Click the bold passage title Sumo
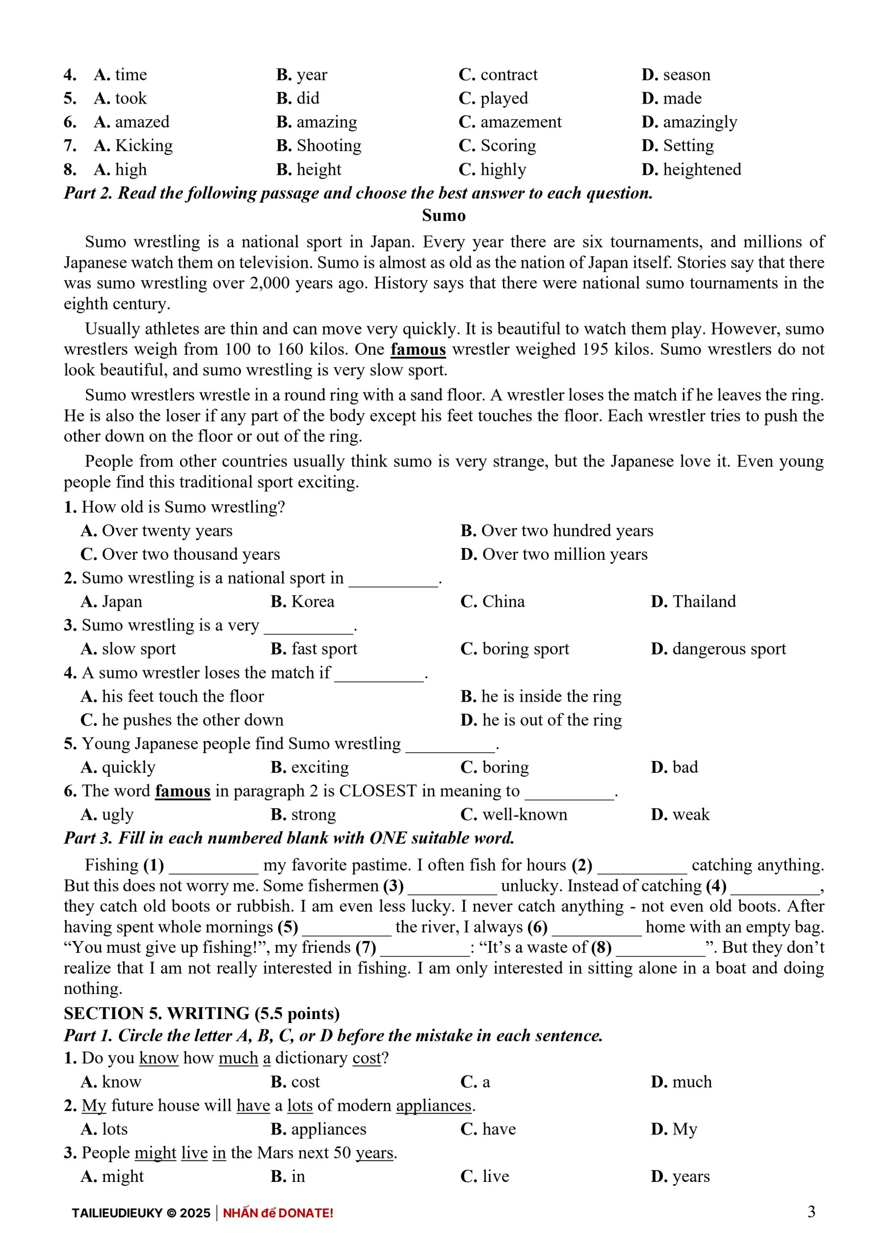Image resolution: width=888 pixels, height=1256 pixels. click(443, 215)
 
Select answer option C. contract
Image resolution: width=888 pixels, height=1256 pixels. click(498, 75)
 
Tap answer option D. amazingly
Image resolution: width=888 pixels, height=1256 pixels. click(689, 122)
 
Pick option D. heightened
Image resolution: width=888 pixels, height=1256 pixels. click(691, 170)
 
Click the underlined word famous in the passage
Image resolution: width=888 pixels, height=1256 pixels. click(418, 349)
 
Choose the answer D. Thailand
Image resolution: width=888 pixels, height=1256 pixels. click(693, 602)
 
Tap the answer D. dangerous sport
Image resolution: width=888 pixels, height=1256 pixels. click(718, 649)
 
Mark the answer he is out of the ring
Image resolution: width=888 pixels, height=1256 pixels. click(541, 720)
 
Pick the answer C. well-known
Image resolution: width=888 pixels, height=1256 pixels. click(514, 814)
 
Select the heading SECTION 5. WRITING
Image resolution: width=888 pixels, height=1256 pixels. click(201, 1014)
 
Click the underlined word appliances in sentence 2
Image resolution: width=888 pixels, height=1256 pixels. click(433, 1105)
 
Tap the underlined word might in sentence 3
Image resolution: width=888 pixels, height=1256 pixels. click(156, 1152)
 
